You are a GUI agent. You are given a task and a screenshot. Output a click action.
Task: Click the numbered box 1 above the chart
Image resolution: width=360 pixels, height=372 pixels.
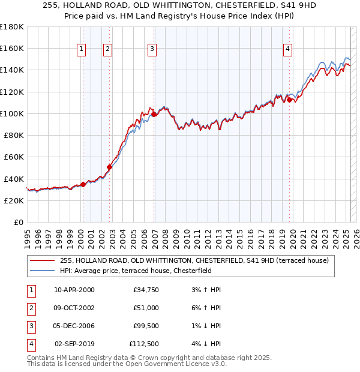pyautogui.click(x=81, y=49)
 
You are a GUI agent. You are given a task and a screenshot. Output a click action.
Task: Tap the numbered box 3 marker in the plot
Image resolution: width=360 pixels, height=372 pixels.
pyautogui.click(x=152, y=49)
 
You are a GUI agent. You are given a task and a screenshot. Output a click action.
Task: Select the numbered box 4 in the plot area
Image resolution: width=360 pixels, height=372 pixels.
pyautogui.click(x=288, y=49)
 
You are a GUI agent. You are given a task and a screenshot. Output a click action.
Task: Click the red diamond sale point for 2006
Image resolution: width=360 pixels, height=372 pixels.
pyautogui.click(x=154, y=114)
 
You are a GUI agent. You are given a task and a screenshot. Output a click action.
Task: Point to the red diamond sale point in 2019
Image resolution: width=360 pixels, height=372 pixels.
pyautogui.click(x=289, y=100)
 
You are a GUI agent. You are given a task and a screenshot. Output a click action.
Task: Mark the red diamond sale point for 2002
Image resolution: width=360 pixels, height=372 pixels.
pyautogui.click(x=110, y=167)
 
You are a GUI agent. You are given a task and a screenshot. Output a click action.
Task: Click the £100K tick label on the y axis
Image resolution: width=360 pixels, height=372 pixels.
pyautogui.click(x=12, y=113)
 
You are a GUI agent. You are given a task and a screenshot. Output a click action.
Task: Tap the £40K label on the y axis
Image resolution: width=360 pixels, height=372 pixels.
pyautogui.click(x=14, y=179)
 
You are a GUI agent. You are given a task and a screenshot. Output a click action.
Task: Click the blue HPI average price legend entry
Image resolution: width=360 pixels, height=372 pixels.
pyautogui.click(x=144, y=271)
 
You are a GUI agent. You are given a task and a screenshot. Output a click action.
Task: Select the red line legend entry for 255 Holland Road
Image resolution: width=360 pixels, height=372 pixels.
pyautogui.click(x=194, y=261)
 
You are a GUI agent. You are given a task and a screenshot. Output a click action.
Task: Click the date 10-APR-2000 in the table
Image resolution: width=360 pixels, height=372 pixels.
pyautogui.click(x=74, y=290)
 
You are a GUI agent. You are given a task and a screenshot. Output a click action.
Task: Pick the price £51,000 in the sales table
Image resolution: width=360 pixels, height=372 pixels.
pyautogui.click(x=146, y=308)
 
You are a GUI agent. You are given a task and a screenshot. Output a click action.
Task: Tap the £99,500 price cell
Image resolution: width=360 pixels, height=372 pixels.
pyautogui.click(x=146, y=326)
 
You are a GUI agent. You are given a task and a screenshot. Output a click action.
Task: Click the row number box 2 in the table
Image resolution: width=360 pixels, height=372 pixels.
pyautogui.click(x=29, y=308)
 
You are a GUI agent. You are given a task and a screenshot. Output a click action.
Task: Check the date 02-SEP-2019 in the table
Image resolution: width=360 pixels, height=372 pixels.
pyautogui.click(x=74, y=344)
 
